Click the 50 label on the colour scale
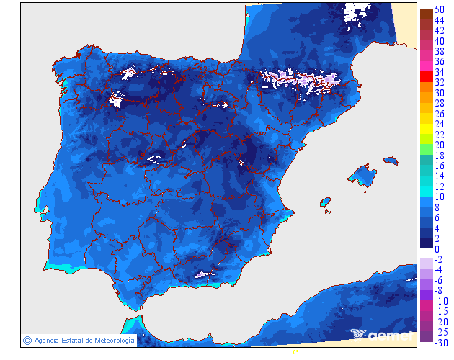pos(439,10)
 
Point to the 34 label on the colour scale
pos(439,72)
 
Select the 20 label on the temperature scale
pos(439,145)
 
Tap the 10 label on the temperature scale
pos(439,197)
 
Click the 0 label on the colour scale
pos(437,248)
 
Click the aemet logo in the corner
pos(382,334)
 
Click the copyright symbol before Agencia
pos(27,340)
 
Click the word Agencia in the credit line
pos(47,340)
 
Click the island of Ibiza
pos(326,203)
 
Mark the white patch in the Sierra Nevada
pos(203,274)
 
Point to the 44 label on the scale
pos(439,20)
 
